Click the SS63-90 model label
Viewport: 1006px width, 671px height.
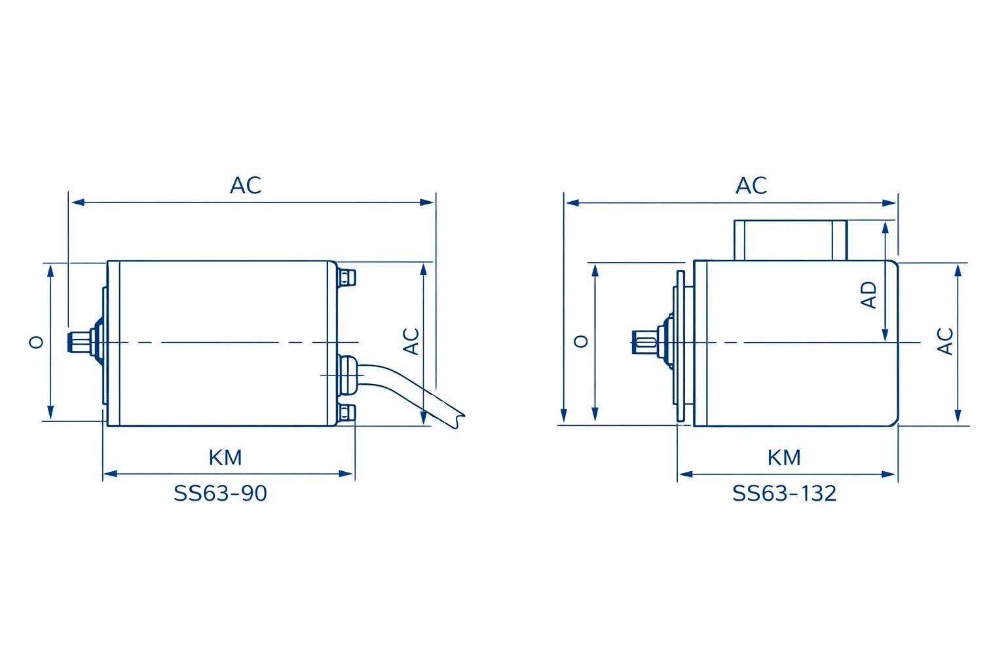(220, 493)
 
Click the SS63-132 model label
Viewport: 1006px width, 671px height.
(784, 493)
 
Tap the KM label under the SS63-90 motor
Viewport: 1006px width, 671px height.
(225, 458)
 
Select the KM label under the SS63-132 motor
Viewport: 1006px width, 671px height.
(784, 458)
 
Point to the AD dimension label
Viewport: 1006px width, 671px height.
(868, 295)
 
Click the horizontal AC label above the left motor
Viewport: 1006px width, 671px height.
(245, 185)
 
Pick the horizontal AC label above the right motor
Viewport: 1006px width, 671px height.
(751, 185)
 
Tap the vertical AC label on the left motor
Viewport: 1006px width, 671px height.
(411, 341)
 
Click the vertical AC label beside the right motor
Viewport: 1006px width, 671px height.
(945, 341)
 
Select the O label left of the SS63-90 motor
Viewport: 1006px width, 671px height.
(37, 343)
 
